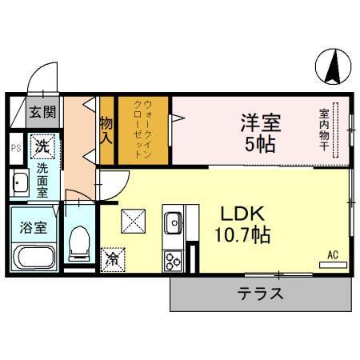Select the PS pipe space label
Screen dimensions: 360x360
pos(16,147)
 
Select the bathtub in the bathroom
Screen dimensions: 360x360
pos(33,259)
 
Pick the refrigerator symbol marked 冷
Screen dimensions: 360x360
pos(114,259)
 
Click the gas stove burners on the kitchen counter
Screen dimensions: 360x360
pos(173,258)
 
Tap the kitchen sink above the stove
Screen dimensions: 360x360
pos(174,220)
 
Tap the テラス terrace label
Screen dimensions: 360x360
pos(261,294)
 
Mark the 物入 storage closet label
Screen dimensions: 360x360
pos(106,130)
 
